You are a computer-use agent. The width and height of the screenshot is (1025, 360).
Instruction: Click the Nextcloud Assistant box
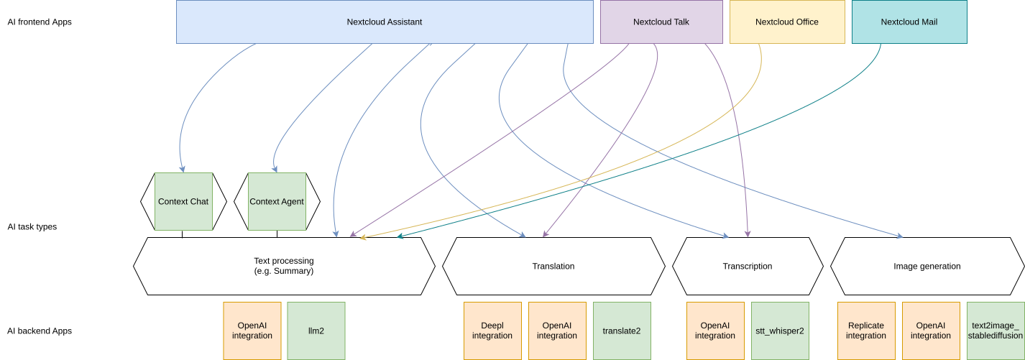pyautogui.click(x=384, y=22)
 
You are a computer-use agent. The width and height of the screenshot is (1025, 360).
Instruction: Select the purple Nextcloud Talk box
pyautogui.click(x=661, y=22)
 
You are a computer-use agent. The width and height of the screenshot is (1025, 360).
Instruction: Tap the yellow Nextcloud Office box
pyautogui.click(x=787, y=22)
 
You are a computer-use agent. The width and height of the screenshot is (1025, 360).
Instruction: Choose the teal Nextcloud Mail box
pyautogui.click(x=909, y=22)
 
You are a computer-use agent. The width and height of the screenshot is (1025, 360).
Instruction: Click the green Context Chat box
pyautogui.click(x=183, y=201)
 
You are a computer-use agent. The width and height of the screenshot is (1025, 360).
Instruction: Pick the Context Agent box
pyautogui.click(x=277, y=201)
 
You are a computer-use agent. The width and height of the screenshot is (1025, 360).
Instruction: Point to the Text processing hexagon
pyautogui.click(x=284, y=266)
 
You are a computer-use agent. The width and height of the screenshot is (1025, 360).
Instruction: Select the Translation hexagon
pyautogui.click(x=553, y=266)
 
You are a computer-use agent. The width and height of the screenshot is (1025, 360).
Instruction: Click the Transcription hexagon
pyautogui.click(x=748, y=266)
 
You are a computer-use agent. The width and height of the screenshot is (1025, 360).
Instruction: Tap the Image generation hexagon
pyautogui.click(x=927, y=266)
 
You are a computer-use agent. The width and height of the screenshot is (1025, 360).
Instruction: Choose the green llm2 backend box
pyautogui.click(x=316, y=331)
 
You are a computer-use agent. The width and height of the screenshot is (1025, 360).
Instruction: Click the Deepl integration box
pyautogui.click(x=492, y=331)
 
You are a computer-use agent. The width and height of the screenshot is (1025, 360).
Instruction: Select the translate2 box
pyautogui.click(x=622, y=331)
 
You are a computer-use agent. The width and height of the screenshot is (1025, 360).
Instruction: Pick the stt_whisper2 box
pyautogui.click(x=780, y=331)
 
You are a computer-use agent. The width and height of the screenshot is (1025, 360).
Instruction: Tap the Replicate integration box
pyautogui.click(x=866, y=331)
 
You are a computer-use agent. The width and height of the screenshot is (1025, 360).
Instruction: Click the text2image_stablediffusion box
pyautogui.click(x=996, y=331)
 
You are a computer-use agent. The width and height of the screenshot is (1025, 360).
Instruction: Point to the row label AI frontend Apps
pyautogui.click(x=40, y=22)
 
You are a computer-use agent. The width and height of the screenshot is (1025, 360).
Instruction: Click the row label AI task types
pyautogui.click(x=32, y=226)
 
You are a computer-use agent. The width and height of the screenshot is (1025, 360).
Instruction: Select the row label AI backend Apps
pyautogui.click(x=40, y=331)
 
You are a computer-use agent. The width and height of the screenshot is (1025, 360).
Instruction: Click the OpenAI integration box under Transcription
pyautogui.click(x=715, y=331)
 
